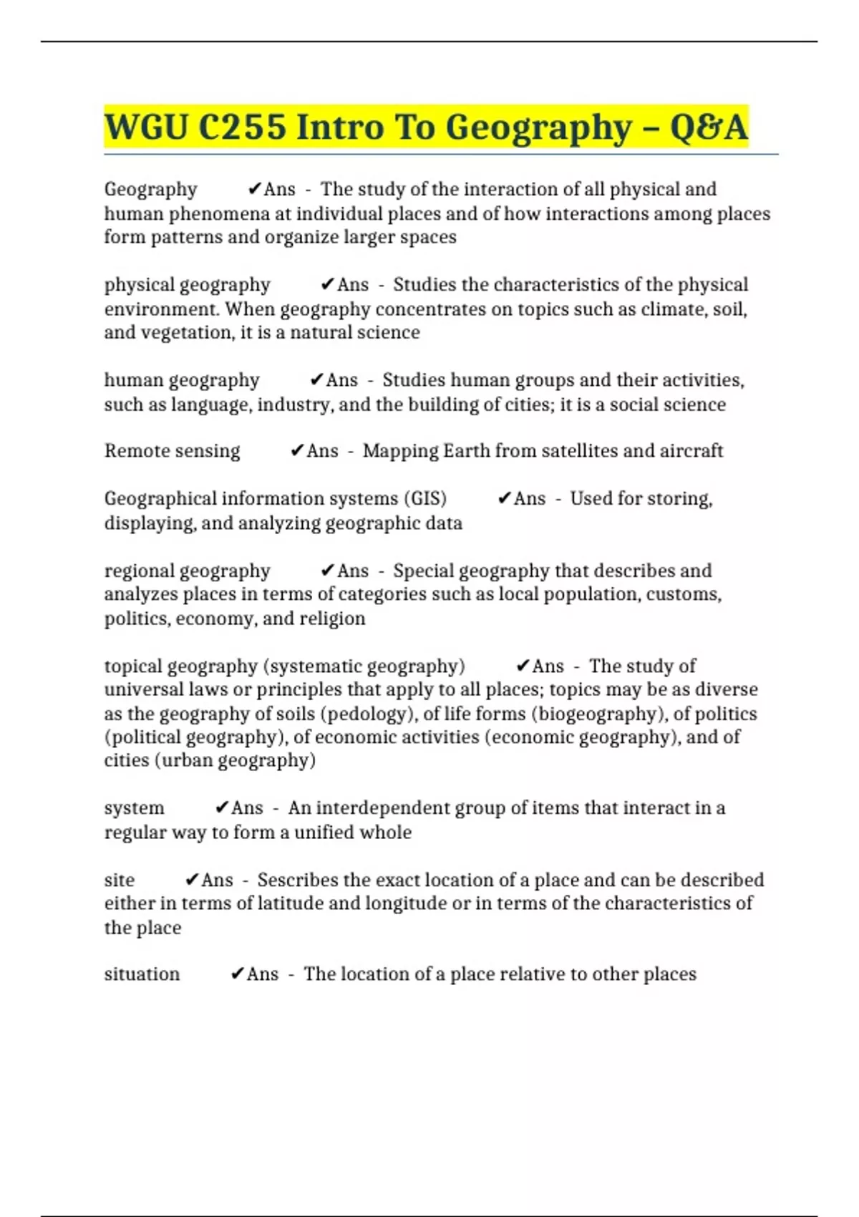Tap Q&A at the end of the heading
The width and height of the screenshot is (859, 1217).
point(709,127)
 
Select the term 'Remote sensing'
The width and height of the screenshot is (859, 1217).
point(173,451)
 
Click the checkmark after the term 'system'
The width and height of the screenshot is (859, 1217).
point(222,808)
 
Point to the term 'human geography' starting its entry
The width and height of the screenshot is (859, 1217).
point(182,380)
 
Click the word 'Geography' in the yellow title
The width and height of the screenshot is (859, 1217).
point(538,127)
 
